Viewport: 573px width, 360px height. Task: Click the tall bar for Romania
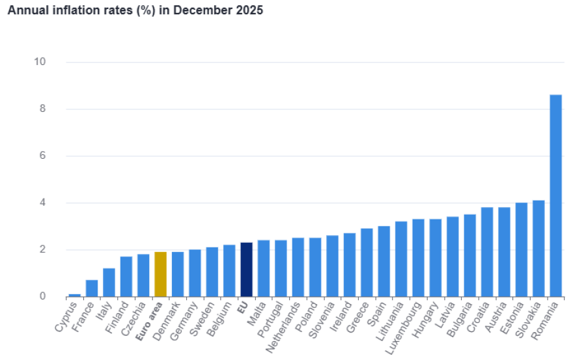(x=555, y=195)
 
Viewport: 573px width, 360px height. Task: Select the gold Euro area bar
(x=160, y=274)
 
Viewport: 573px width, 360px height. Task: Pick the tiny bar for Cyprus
(x=75, y=295)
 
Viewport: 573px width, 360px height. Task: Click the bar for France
(x=92, y=288)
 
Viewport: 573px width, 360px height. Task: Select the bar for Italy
(x=109, y=283)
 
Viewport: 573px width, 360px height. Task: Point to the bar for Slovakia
(x=538, y=248)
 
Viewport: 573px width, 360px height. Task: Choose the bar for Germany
(x=195, y=273)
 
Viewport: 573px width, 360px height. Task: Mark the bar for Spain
(x=384, y=261)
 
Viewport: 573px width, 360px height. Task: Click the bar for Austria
(x=504, y=252)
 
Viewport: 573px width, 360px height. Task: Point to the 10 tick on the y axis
(x=40, y=62)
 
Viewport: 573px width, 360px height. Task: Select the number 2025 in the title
(x=250, y=11)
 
